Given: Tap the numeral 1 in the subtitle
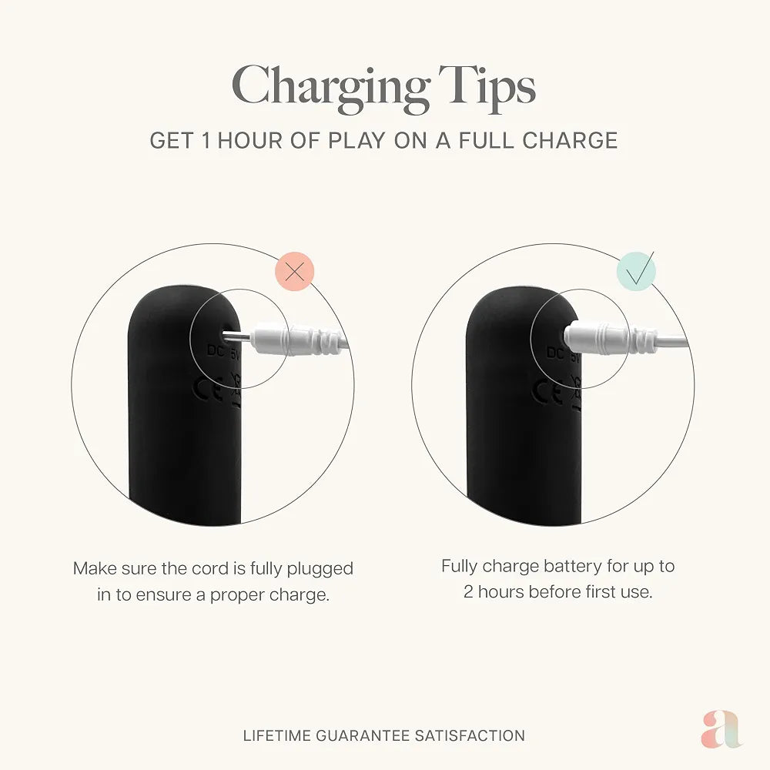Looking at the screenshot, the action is click(x=206, y=140).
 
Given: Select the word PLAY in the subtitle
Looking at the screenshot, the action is click(x=357, y=140).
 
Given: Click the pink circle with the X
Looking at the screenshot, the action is click(x=295, y=271).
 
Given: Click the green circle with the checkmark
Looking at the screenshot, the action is click(x=636, y=271).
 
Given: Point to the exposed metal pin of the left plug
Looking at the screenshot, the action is click(x=238, y=337).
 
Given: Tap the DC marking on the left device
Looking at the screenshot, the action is click(x=215, y=350).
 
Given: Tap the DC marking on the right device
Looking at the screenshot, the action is click(x=555, y=353).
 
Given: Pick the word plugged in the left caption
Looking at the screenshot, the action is click(x=320, y=570).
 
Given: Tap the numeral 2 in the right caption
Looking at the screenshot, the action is click(x=468, y=592).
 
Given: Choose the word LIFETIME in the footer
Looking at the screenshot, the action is click(x=277, y=735).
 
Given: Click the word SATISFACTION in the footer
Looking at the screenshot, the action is click(x=470, y=735).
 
